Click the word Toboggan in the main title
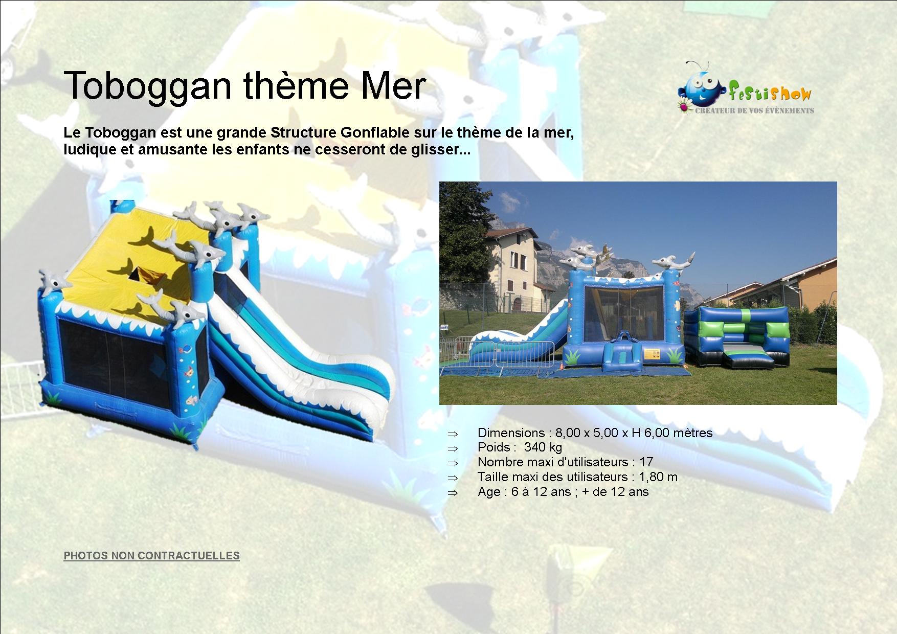click(x=147, y=86)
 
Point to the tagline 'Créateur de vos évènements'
click(x=753, y=110)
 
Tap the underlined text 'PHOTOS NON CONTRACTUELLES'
click(x=151, y=555)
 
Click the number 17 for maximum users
click(x=646, y=462)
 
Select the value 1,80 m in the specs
click(x=658, y=477)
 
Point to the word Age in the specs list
click(x=489, y=492)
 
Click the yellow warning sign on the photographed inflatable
click(x=652, y=353)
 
